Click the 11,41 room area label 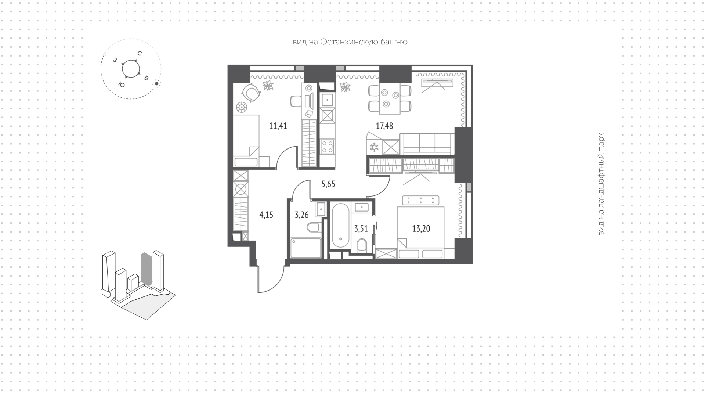(x=278, y=126)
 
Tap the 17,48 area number (x=384, y=126)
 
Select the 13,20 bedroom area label (x=421, y=229)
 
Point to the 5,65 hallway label (x=328, y=184)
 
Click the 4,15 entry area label (x=266, y=215)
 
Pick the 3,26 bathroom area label (x=301, y=215)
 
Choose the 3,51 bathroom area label (x=361, y=229)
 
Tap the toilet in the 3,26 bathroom (x=313, y=227)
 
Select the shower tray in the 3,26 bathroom (x=305, y=248)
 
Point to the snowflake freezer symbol (x=374, y=148)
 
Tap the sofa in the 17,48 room (x=427, y=143)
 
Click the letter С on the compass (x=140, y=54)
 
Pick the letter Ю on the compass (x=122, y=84)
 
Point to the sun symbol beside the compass (x=157, y=84)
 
